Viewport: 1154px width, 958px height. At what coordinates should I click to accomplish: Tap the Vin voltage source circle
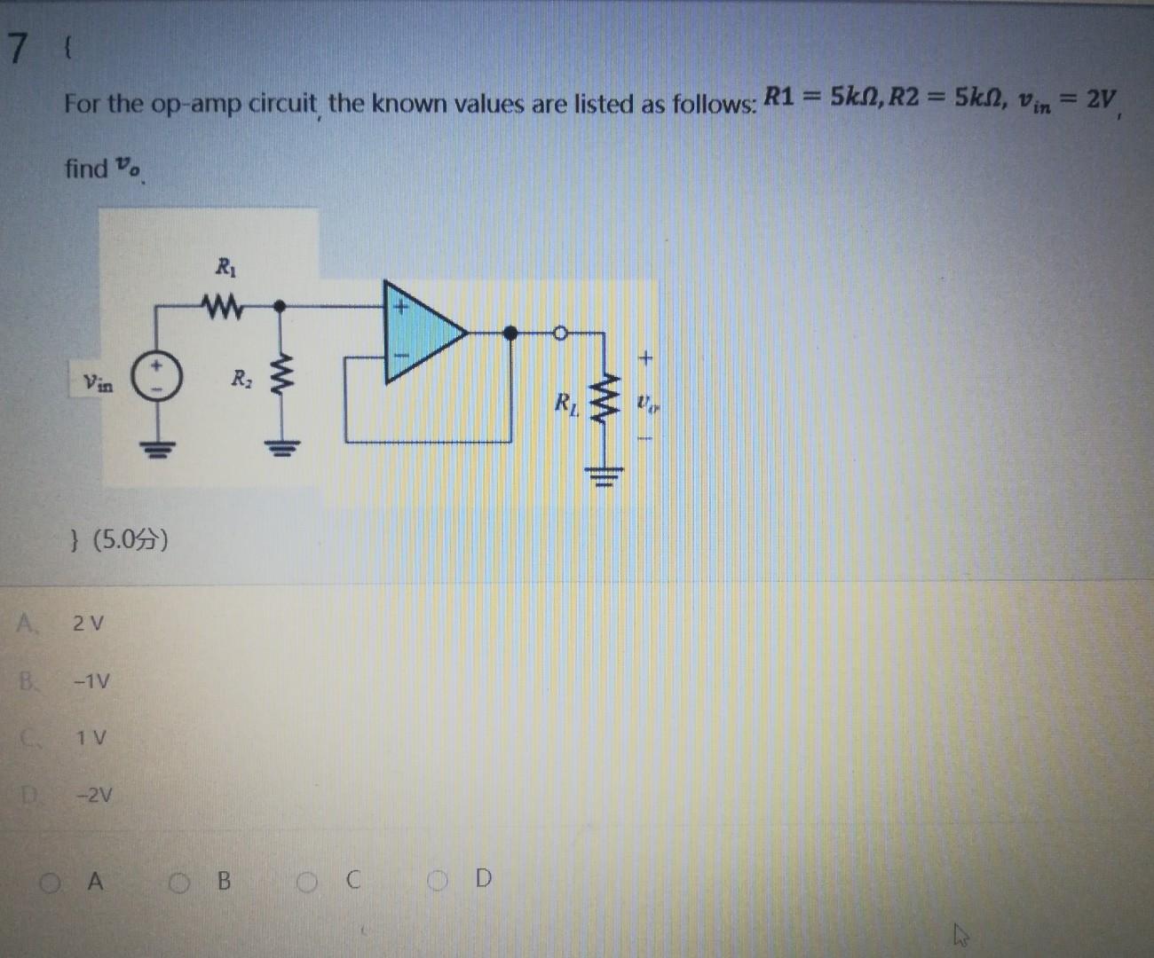158,379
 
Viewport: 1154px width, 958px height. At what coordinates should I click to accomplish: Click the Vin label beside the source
98,383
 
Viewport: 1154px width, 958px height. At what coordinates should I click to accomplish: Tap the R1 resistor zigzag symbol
222,306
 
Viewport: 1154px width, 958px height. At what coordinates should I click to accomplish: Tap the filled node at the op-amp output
510,333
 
